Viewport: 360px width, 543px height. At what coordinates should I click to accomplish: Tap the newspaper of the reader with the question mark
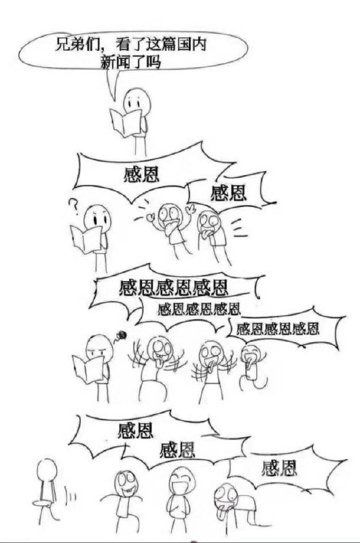[x=86, y=239]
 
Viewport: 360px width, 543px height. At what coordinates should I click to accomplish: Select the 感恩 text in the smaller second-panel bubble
[x=229, y=193]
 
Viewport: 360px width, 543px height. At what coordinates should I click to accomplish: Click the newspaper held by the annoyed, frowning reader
[x=88, y=369]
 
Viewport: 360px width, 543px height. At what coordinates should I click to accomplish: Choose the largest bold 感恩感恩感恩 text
[x=174, y=288]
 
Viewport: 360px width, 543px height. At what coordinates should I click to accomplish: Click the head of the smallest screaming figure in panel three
[x=251, y=354]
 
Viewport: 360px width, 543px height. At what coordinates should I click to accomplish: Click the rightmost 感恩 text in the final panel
[x=279, y=468]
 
